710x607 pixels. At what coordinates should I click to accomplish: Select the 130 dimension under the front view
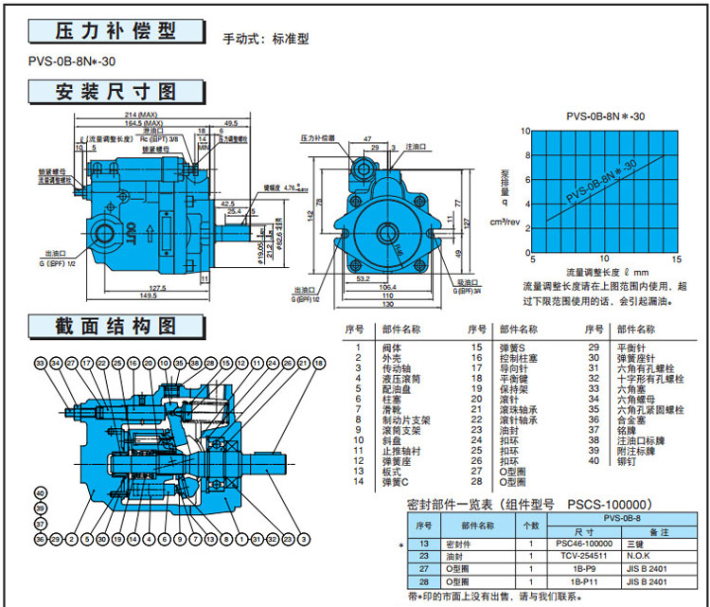386,304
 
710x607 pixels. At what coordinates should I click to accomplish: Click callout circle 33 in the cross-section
40,364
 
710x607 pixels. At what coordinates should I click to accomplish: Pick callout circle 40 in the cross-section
40,493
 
